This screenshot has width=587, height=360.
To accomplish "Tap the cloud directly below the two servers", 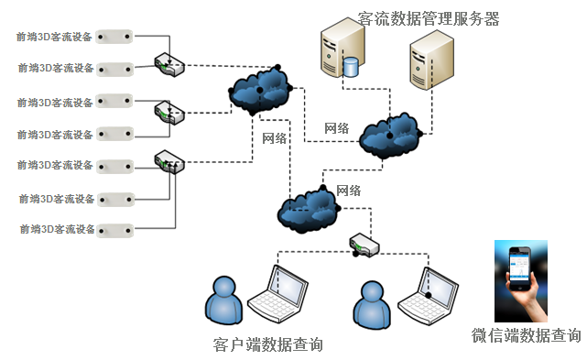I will point(390,134).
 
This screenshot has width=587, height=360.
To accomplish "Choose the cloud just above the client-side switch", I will point(307,208).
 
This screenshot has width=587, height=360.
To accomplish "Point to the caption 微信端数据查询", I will point(525,335).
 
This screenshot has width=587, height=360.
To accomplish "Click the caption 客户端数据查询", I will point(267,344).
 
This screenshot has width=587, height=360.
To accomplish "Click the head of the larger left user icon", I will point(222,287).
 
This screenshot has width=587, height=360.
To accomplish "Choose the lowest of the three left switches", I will point(169,161).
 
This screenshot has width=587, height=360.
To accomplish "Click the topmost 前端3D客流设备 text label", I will point(55,37).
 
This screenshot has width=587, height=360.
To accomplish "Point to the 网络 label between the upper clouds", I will point(337,128).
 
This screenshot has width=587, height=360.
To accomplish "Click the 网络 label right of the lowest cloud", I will point(348,191).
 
